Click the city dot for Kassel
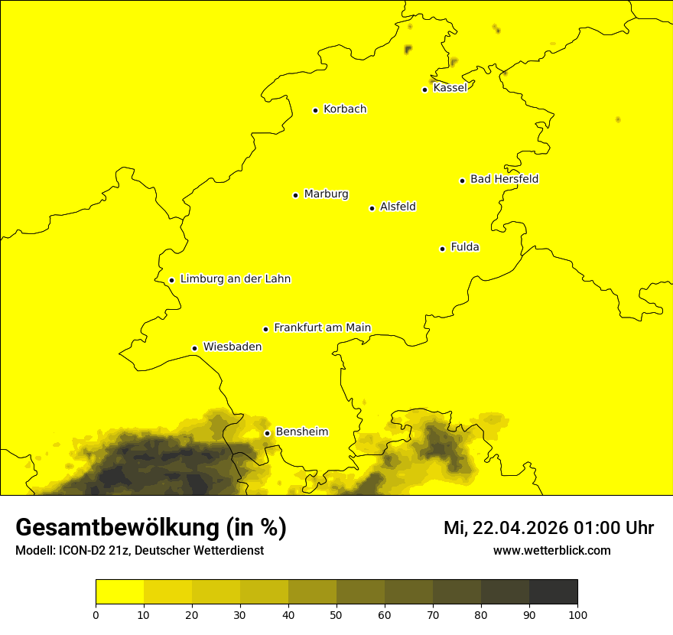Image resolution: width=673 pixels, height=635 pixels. [x=424, y=90]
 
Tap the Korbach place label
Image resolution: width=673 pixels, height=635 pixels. [x=345, y=109]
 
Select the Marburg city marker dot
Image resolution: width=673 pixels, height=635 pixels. [x=295, y=195]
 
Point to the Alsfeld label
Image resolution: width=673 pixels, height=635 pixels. [x=398, y=207]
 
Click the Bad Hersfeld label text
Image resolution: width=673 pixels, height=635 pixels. [x=504, y=179]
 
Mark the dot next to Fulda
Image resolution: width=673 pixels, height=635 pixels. [x=442, y=249]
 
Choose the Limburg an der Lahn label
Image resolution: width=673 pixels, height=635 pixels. [x=235, y=279]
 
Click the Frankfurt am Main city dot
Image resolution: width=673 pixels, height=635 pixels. [x=266, y=329]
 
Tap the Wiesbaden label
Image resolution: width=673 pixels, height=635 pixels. [x=232, y=347]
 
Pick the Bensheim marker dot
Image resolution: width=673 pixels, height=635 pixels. [x=267, y=433]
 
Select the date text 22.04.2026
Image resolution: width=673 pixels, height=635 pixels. [x=516, y=528]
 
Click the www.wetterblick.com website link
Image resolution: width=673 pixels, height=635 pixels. [x=551, y=550]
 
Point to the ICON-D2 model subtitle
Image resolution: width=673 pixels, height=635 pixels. [x=139, y=551]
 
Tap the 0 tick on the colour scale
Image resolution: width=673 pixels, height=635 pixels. [x=96, y=614]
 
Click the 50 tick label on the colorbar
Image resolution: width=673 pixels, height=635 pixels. [x=336, y=614]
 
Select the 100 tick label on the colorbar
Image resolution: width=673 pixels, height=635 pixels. [x=577, y=614]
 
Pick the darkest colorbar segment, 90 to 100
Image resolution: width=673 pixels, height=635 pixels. [x=553, y=592]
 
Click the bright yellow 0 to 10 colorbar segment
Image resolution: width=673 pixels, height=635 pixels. [x=119, y=592]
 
